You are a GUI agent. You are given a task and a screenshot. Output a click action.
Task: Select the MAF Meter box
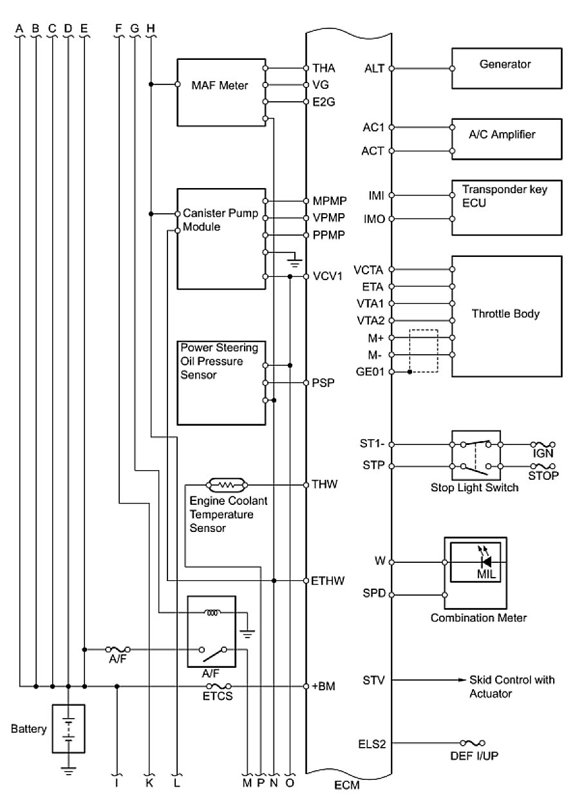[x=220, y=91]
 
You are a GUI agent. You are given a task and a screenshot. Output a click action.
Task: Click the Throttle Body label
[x=505, y=314]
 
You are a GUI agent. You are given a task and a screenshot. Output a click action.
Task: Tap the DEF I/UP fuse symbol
[x=476, y=743]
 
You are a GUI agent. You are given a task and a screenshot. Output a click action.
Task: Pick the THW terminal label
[x=323, y=484]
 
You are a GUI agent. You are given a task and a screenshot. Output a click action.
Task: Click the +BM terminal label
[x=323, y=687]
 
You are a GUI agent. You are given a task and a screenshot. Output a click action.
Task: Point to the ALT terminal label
[x=374, y=68]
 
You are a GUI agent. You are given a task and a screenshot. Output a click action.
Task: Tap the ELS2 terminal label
[x=372, y=743]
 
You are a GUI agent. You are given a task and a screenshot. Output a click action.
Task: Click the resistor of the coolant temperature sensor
[x=225, y=484]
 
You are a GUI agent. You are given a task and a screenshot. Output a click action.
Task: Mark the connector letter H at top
[x=151, y=28]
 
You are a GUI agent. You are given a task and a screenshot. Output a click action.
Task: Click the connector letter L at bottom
[x=177, y=783]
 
